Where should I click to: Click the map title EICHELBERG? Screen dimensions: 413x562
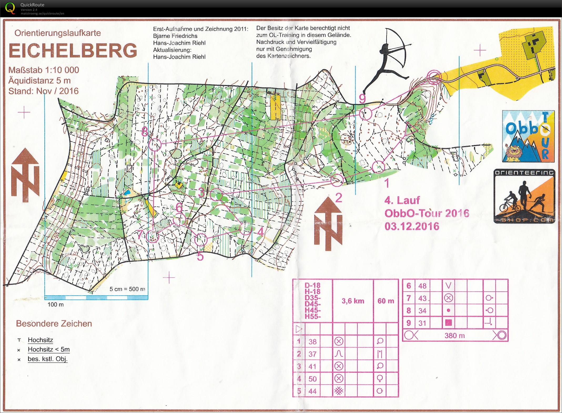[73, 51]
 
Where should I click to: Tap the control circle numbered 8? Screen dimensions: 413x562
[155, 145]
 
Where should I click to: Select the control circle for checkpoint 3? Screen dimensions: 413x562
[216, 195]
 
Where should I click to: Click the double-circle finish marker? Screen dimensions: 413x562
[434, 77]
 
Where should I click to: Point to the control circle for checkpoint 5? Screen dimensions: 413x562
[201, 240]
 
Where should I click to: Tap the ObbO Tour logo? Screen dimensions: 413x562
[528, 136]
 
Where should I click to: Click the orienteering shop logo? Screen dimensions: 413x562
[524, 196]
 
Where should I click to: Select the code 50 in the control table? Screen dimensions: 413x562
[312, 379]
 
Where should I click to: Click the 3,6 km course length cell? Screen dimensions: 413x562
[353, 301]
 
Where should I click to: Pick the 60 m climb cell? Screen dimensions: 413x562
[386, 301]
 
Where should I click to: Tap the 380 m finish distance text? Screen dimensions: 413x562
[454, 336]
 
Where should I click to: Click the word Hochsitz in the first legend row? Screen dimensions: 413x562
[40, 340]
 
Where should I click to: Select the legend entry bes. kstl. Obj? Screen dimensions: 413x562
[48, 359]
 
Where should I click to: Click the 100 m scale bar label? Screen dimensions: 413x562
[55, 305]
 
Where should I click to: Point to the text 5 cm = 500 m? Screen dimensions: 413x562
[127, 289]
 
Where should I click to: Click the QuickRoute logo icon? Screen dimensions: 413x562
[10, 8]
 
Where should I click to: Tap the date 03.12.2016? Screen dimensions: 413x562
[412, 226]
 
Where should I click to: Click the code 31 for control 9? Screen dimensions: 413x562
[422, 323]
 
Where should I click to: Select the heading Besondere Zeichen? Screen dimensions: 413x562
[54, 324]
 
